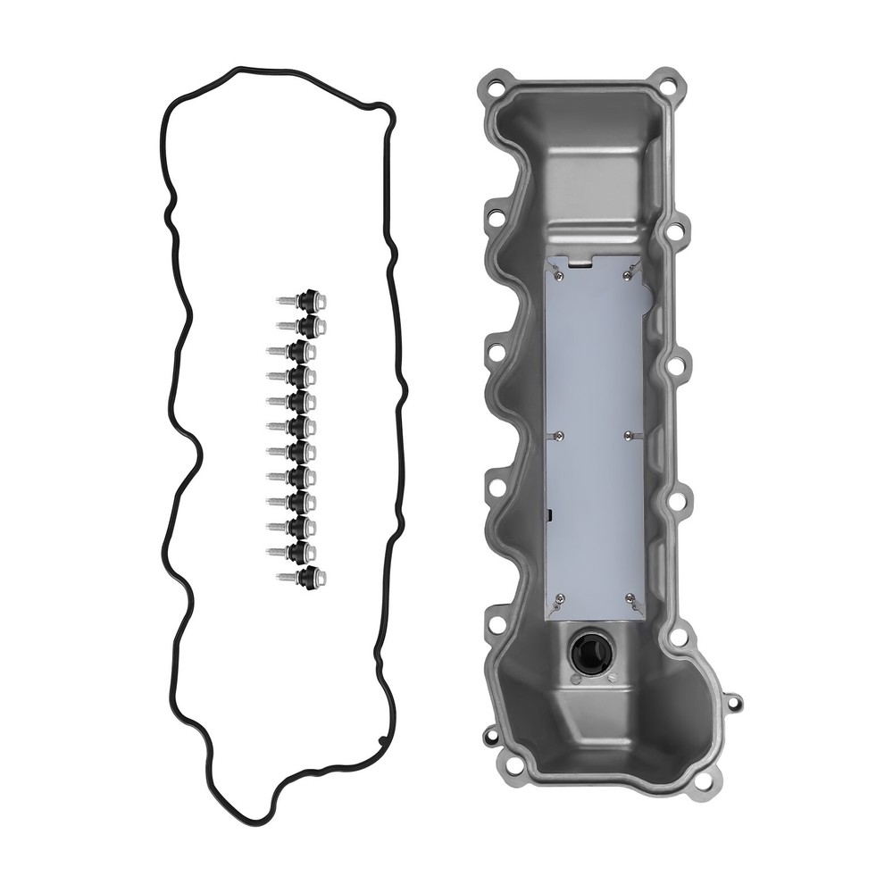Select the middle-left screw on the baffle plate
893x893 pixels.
(557, 436)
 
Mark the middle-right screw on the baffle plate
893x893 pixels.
(630, 436)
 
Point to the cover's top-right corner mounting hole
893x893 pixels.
(667, 87)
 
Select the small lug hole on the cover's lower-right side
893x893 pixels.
(734, 703)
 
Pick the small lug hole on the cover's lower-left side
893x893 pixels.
(491, 737)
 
